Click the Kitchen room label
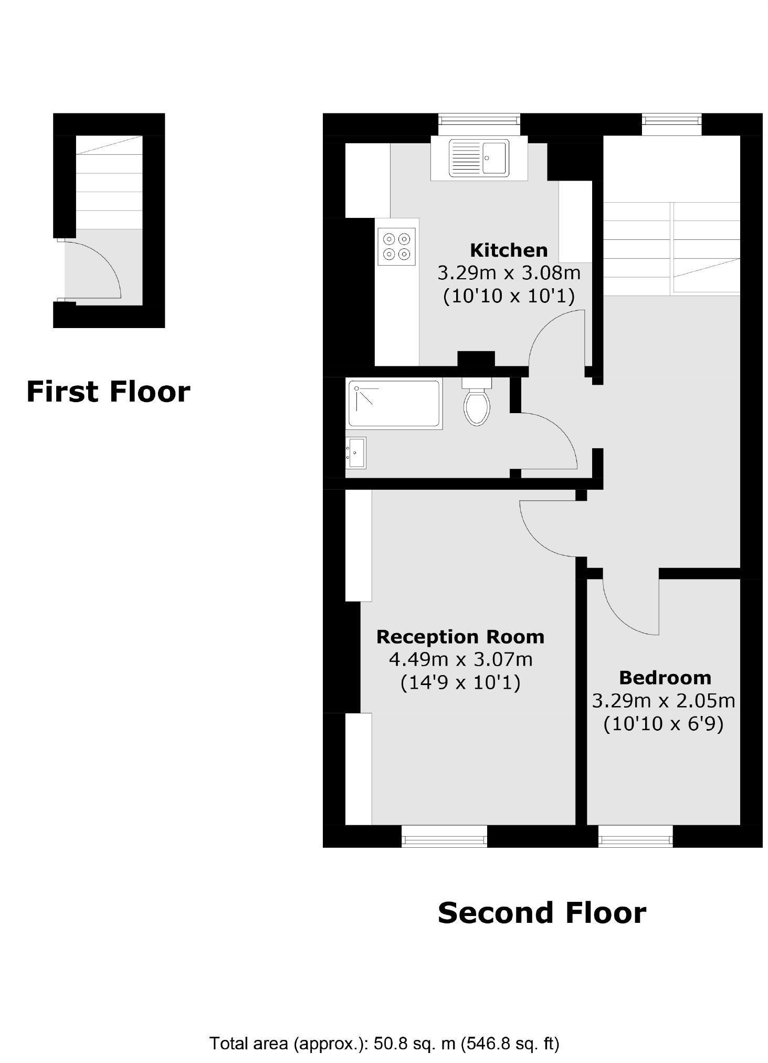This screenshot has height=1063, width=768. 508,250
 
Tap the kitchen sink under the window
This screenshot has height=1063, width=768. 478,157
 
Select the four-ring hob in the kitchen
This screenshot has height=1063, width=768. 396,246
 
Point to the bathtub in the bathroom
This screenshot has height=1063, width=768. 394,403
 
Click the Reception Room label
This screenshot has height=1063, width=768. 460,637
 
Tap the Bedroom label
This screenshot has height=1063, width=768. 665,678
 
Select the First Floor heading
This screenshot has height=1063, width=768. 108,392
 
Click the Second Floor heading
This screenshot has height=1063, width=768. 541,912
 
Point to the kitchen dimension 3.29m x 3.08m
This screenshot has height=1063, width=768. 508,273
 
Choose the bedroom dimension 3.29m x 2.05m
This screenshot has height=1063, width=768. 663,700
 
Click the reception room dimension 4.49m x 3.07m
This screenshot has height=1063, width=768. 460,659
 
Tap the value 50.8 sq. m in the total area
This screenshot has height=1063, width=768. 414,1043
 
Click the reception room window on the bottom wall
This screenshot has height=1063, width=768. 444,836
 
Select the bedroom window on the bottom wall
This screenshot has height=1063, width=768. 635,836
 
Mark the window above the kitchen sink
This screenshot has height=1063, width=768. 479,124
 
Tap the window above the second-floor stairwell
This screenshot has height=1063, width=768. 671,124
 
